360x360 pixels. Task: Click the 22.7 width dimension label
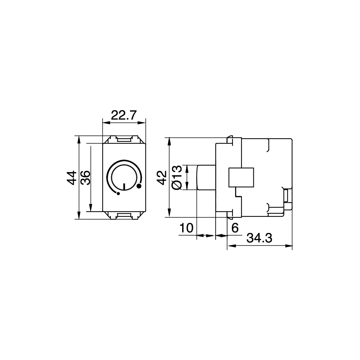click(x=124, y=115)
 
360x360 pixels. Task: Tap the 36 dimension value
click(x=85, y=177)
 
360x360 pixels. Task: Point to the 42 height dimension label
click(x=162, y=177)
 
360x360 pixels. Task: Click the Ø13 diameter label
click(x=177, y=177)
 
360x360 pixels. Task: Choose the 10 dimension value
click(x=186, y=228)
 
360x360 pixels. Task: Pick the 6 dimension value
click(x=235, y=228)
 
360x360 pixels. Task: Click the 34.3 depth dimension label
click(x=259, y=238)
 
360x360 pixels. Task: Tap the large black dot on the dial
click(x=139, y=186)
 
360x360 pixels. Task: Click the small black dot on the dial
click(x=118, y=194)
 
